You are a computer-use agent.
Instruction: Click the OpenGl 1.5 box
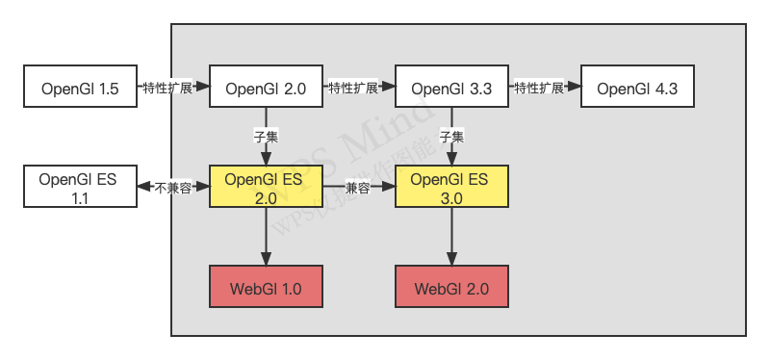point(80,89)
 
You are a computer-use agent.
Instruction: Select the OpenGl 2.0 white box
point(266,89)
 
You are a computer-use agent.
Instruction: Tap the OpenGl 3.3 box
point(451,89)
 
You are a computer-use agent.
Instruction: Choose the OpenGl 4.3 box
point(637,89)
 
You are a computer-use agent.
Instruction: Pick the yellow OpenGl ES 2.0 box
point(266,188)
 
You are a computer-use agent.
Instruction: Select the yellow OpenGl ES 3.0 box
point(451,188)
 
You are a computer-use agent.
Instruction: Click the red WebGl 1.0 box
point(266,288)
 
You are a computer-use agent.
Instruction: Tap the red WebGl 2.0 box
point(451,288)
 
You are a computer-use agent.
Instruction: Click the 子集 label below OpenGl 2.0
point(266,137)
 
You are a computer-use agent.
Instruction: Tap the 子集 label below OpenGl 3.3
point(451,137)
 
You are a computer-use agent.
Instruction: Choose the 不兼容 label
point(173,188)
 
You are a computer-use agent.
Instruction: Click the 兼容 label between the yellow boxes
point(359,188)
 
